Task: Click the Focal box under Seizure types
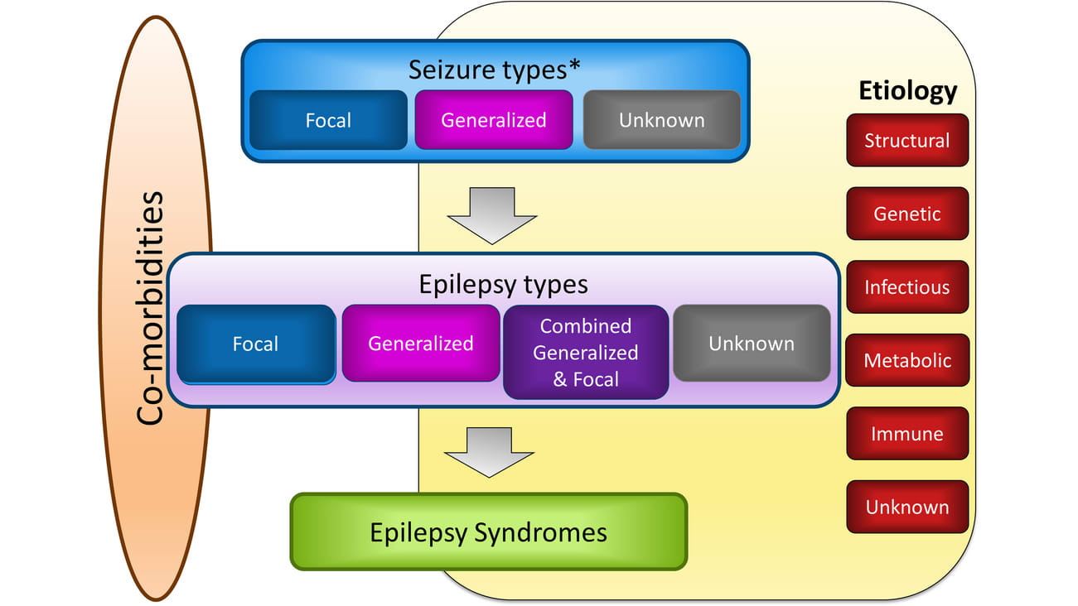coord(328,120)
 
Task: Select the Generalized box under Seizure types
coord(493,120)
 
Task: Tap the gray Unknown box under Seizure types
coord(661,120)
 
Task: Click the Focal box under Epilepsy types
coord(255,344)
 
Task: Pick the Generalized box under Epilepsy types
coord(420,344)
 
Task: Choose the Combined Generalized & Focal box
coord(585,353)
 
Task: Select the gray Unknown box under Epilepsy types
coord(751,344)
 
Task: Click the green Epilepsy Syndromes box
coord(488,532)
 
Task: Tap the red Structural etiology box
coord(906,141)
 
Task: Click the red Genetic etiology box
coord(906,214)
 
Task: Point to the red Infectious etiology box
coord(906,287)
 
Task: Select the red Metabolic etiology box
coord(906,360)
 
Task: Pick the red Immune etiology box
coord(906,434)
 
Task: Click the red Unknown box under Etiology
coord(906,507)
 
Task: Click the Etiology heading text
coord(907,89)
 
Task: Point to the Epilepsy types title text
coord(503,284)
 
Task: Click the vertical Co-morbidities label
coord(150,308)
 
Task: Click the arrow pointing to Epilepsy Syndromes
coord(489,452)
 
